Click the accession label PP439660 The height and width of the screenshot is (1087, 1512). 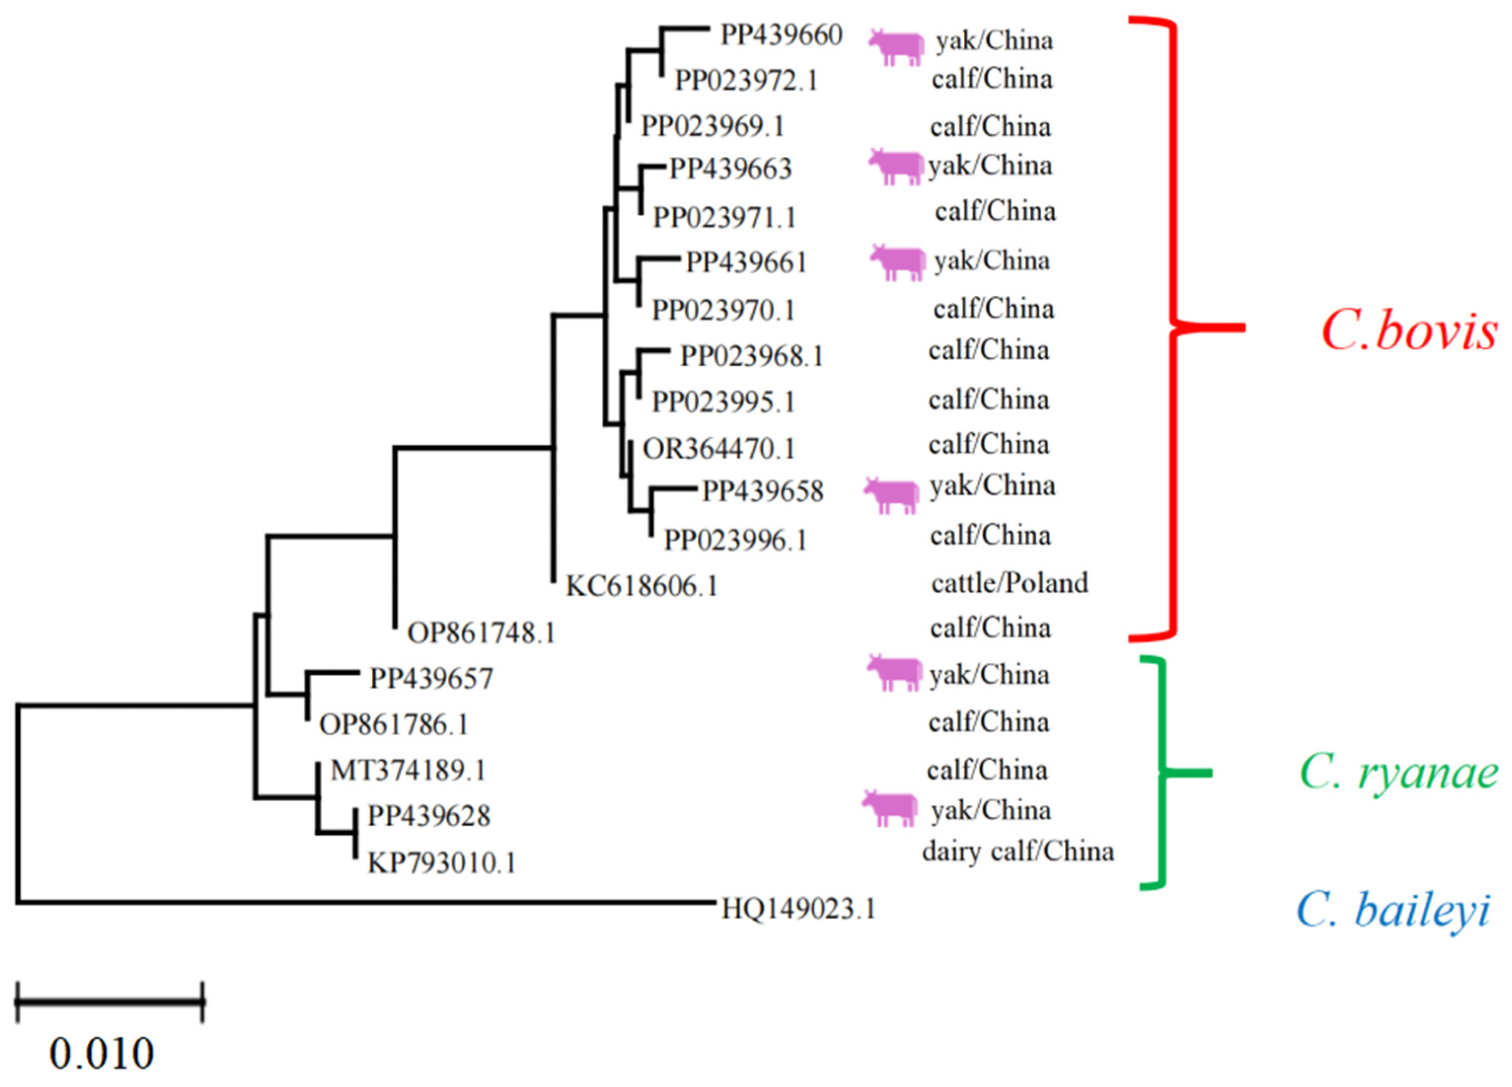(781, 35)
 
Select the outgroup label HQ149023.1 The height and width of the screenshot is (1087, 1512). (798, 908)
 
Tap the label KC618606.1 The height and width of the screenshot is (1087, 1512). (641, 586)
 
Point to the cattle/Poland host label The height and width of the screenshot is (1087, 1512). (1009, 583)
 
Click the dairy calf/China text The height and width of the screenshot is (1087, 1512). (1017, 852)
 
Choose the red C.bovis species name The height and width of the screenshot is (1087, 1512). (1409, 331)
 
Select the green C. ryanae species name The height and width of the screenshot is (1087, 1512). (1399, 773)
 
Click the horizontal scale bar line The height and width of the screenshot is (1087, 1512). (110, 1002)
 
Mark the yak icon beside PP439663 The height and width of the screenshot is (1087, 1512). (895, 166)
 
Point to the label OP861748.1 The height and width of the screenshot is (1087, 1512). (481, 633)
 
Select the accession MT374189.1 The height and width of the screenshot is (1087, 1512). (408, 771)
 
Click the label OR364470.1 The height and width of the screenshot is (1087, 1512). (719, 449)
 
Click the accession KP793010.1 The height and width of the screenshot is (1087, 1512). (441, 863)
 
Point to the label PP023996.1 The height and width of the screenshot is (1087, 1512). (736, 540)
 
